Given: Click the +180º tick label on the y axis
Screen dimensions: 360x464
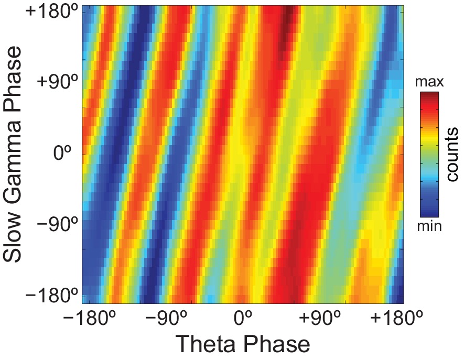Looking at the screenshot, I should (52, 13).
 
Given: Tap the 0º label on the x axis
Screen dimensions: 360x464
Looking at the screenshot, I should (243, 319).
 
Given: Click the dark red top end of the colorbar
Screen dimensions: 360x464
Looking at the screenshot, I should (429, 95).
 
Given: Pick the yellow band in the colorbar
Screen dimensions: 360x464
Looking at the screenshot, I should (429, 137).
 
